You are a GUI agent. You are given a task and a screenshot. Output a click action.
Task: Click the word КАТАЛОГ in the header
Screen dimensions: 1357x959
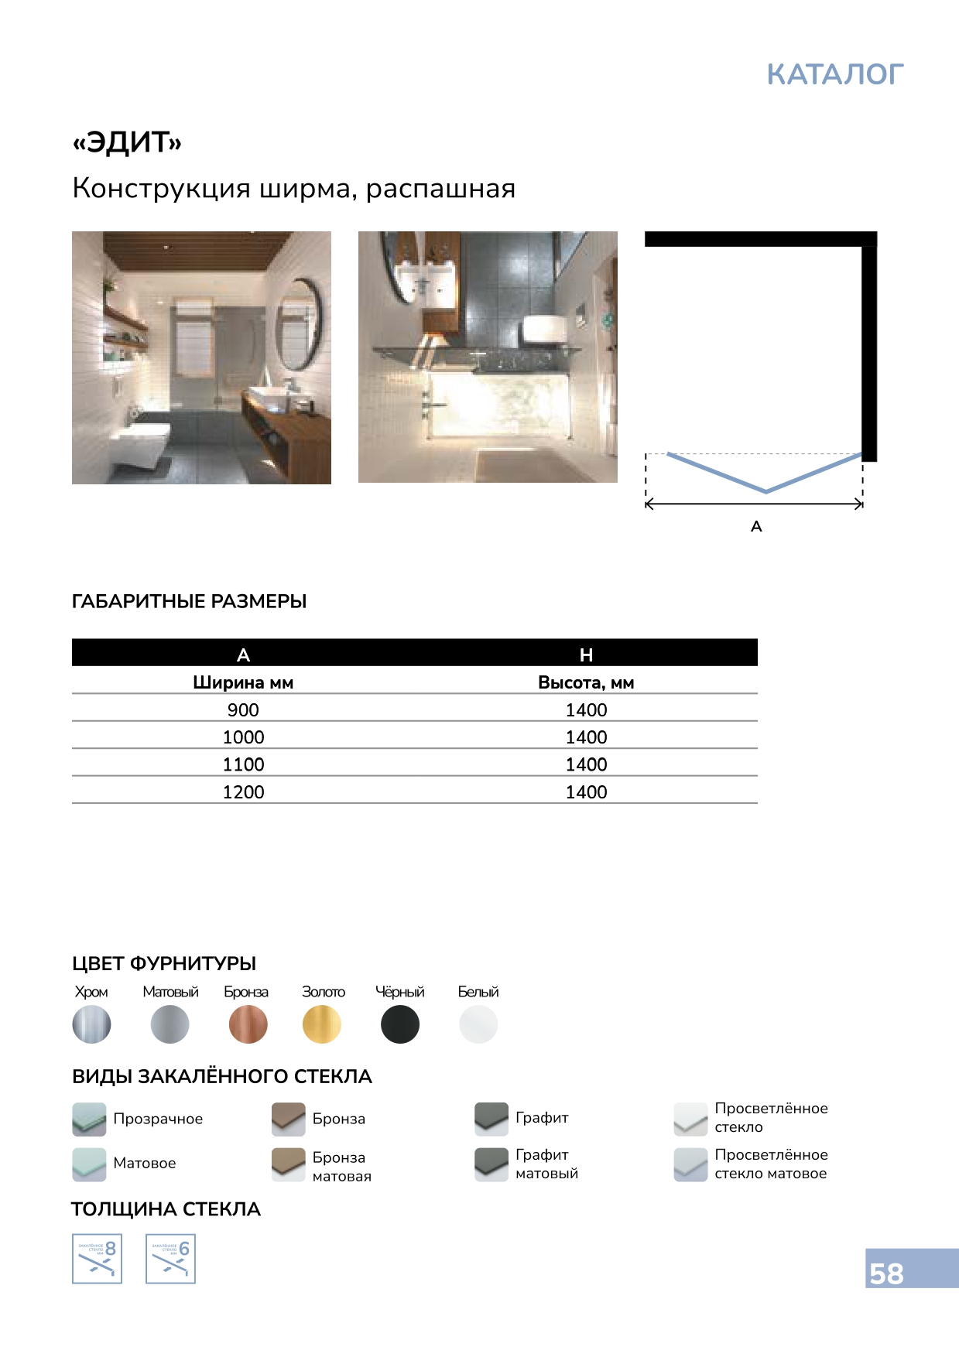click(834, 75)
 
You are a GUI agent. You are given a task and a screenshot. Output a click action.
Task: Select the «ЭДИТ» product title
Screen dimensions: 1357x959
click(127, 142)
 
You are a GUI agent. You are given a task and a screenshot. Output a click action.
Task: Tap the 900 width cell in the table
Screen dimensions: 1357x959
click(243, 709)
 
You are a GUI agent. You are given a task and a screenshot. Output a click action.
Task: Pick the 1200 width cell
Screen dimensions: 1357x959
click(243, 791)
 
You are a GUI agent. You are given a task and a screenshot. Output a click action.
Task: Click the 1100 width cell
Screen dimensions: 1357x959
click(243, 764)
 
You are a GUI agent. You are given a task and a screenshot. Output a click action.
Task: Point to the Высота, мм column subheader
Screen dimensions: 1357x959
click(586, 682)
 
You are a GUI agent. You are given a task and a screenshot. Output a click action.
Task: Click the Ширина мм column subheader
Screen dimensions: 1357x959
click(243, 682)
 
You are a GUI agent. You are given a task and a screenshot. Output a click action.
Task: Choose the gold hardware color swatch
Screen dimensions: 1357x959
click(322, 1024)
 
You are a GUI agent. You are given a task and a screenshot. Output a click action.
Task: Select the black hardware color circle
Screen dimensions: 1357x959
click(400, 1024)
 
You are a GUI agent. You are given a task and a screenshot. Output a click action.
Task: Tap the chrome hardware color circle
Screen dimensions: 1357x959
click(91, 1024)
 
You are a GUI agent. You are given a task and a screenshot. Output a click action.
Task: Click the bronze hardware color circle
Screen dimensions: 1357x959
click(248, 1024)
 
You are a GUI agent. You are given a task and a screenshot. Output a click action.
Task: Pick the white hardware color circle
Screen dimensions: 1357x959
click(478, 1024)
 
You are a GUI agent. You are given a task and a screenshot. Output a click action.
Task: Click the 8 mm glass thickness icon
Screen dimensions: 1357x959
click(97, 1259)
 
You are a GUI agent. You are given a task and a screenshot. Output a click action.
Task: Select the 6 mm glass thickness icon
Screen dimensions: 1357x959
click(170, 1259)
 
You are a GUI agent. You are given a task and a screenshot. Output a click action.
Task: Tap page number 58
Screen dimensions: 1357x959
click(886, 1273)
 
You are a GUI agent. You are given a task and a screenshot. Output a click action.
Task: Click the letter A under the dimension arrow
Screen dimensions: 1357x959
click(756, 527)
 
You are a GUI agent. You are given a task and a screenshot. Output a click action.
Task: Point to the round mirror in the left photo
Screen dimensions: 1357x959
click(299, 324)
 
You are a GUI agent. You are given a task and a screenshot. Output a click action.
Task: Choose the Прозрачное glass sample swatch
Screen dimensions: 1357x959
click(89, 1119)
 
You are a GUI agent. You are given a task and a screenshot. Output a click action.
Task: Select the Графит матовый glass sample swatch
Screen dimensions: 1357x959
click(491, 1164)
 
